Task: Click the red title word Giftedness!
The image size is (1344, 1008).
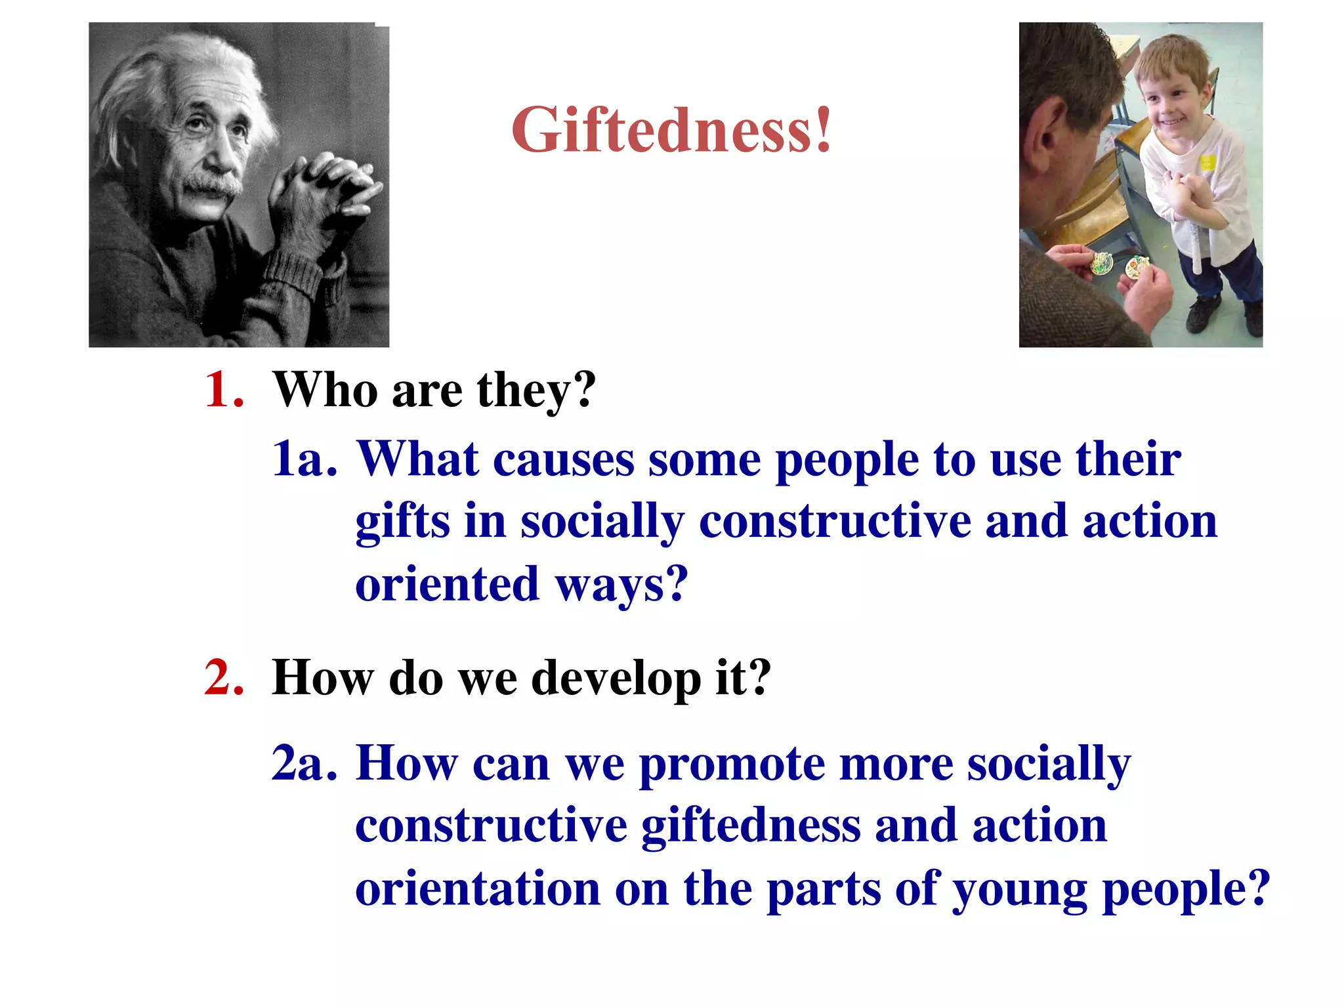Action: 671,131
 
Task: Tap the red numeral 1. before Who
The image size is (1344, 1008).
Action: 224,390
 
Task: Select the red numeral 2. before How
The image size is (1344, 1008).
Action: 224,677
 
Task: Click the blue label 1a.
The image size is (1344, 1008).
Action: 304,459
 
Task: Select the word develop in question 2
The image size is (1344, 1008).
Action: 616,679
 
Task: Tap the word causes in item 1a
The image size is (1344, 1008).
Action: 563,459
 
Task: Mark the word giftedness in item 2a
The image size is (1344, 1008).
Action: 751,826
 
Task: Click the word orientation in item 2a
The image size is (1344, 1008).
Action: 478,888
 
